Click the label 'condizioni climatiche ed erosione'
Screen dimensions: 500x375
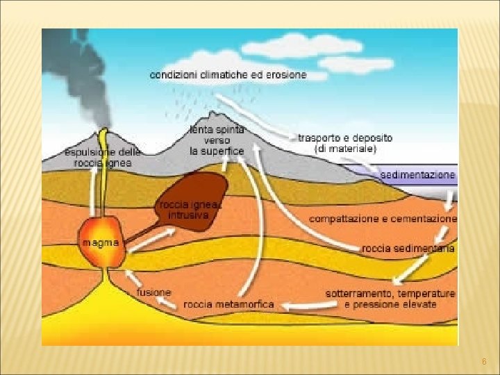coord(228,75)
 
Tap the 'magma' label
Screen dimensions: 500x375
coord(101,243)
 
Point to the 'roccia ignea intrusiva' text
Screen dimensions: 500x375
coord(190,210)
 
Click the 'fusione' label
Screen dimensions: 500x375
coord(154,292)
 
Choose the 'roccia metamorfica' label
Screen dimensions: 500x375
coord(228,304)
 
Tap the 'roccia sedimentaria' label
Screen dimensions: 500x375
coord(408,248)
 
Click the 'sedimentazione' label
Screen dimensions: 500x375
coord(418,174)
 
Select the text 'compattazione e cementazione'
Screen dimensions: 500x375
coord(383,219)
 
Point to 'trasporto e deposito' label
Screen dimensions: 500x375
coord(345,138)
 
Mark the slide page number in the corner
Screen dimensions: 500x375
coord(484,362)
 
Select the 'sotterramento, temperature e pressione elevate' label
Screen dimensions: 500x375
coord(390,299)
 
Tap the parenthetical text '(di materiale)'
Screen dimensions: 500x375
coord(345,149)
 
